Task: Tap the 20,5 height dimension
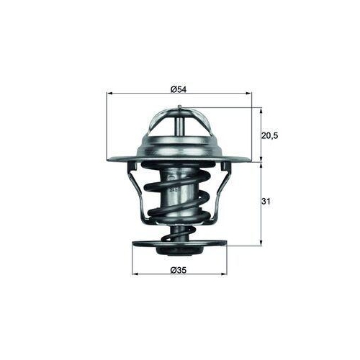(x=267, y=135)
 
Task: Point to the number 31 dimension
(x=266, y=202)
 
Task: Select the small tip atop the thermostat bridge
(x=179, y=106)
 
